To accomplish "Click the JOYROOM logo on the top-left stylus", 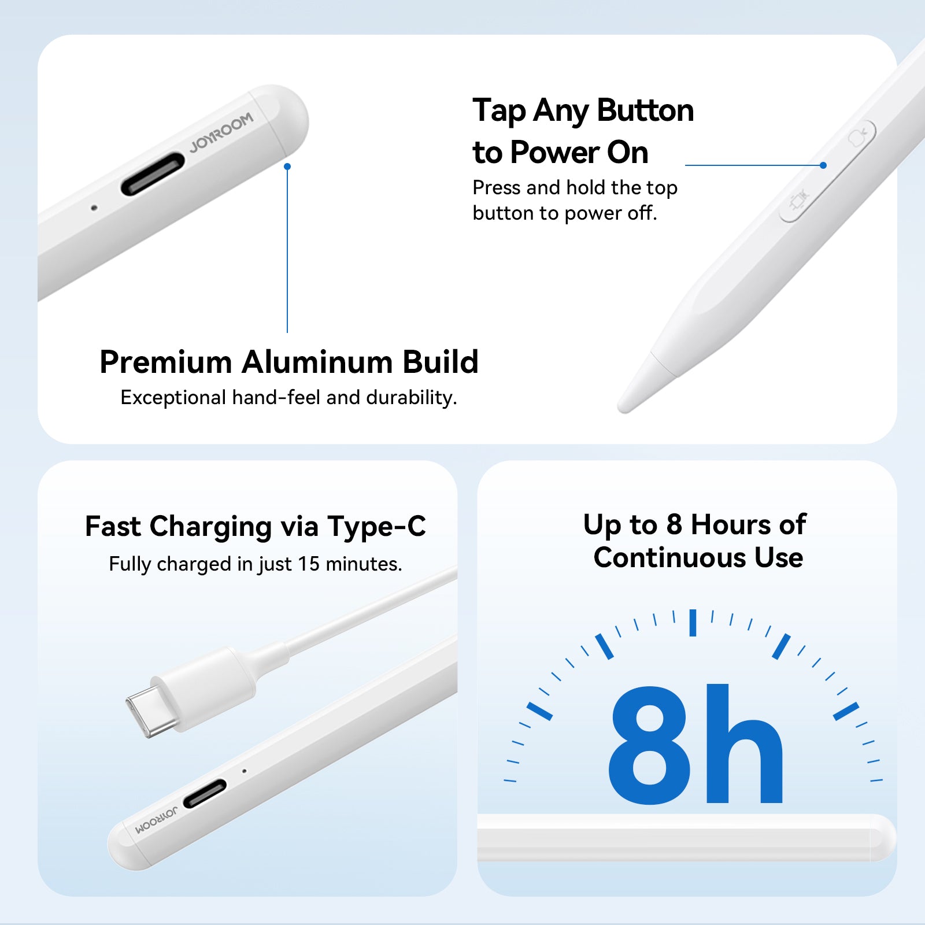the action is coord(221,132).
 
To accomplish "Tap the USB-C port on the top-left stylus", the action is coord(153,173).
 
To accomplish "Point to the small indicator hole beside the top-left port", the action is coord(94,208).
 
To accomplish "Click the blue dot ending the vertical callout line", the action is coord(287,166).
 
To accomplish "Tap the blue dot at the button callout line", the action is coord(823,165).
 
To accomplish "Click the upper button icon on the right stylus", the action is coord(858,137).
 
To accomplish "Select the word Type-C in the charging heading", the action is coord(376,527).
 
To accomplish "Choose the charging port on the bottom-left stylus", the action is coord(205,794).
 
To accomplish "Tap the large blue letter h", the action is coord(745,743).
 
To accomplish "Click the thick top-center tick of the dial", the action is coord(693,623).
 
